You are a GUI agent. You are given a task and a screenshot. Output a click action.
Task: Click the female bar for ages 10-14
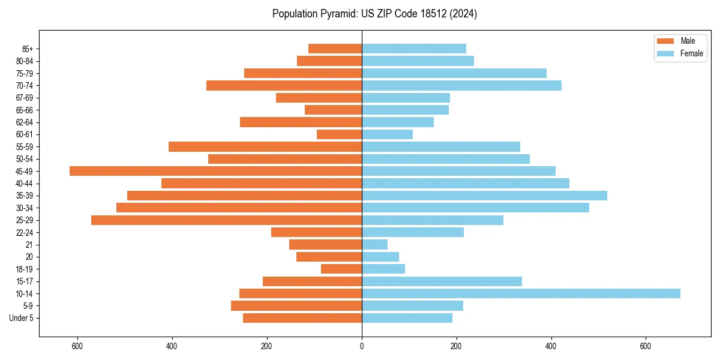pyautogui.click(x=521, y=293)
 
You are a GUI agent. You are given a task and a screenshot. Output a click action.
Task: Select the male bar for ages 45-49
pyautogui.click(x=215, y=171)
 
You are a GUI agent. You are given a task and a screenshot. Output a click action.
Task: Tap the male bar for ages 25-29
pyautogui.click(x=226, y=220)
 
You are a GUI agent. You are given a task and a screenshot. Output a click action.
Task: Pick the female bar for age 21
pyautogui.click(x=374, y=245)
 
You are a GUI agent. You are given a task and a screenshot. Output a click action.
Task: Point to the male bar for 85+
pyautogui.click(x=335, y=49)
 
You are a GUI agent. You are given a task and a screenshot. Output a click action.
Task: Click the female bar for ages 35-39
pyautogui.click(x=484, y=196)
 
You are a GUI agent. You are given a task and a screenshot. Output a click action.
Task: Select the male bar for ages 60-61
pyautogui.click(x=339, y=134)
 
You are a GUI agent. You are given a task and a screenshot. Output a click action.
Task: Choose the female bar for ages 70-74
pyautogui.click(x=461, y=86)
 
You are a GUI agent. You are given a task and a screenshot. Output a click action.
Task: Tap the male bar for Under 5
pyautogui.click(x=302, y=318)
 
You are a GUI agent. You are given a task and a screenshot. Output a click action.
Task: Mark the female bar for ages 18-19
pyautogui.click(x=383, y=269)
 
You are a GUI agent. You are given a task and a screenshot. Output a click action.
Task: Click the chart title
pyautogui.click(x=374, y=14)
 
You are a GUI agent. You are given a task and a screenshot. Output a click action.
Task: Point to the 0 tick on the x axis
pyautogui.click(x=362, y=346)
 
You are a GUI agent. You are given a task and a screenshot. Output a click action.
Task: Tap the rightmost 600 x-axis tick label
pyautogui.click(x=646, y=346)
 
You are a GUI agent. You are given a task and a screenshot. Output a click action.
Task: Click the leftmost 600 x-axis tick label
pyautogui.click(x=77, y=346)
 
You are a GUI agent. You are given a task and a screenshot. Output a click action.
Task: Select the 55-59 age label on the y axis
pyautogui.click(x=25, y=147)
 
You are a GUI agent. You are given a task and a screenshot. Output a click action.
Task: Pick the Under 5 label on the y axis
pyautogui.click(x=21, y=318)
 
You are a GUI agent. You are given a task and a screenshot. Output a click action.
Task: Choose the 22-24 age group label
pyautogui.click(x=25, y=233)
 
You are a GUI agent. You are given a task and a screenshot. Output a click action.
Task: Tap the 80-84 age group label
pyautogui.click(x=25, y=61)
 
